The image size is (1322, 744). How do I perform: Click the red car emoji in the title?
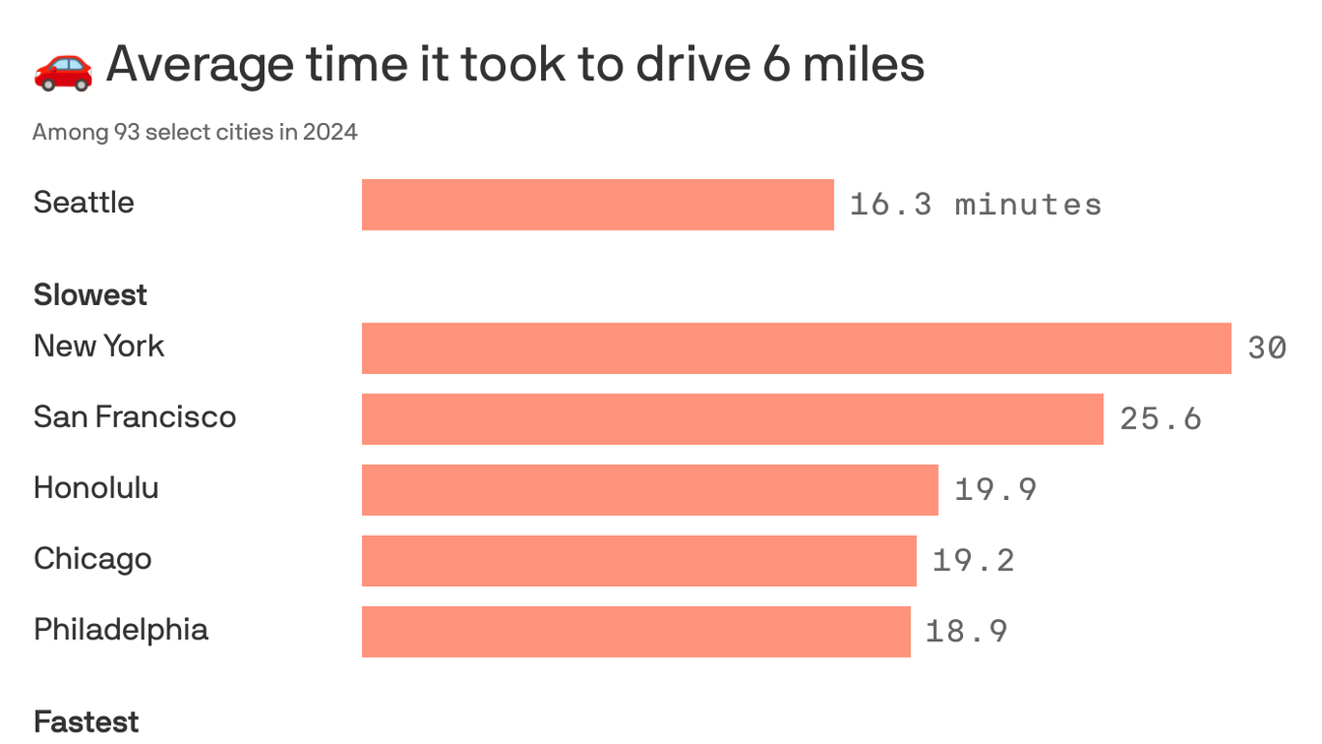tap(63, 68)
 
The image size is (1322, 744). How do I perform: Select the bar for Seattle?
tap(597, 204)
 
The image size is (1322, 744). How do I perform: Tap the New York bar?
tap(796, 348)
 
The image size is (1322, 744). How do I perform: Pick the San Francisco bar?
tap(732, 418)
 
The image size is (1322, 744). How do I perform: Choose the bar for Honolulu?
tap(649, 489)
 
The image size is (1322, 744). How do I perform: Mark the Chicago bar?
tap(639, 560)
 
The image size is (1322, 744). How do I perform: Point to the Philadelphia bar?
tap(636, 631)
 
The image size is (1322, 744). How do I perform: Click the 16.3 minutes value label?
tap(975, 204)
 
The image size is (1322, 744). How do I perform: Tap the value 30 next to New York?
tap(1267, 348)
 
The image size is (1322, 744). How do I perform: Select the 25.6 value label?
tap(1160, 418)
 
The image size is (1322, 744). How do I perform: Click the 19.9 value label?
tap(995, 489)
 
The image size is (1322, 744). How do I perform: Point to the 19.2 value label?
tap(973, 560)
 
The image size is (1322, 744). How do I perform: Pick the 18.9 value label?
tap(966, 631)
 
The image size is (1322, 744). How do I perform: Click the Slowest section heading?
tap(90, 294)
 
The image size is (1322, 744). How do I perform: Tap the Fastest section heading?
tap(86, 722)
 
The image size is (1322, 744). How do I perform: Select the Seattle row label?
tap(83, 202)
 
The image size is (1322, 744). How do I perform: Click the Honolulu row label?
tap(96, 487)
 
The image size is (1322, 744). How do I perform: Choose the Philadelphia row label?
tap(121, 630)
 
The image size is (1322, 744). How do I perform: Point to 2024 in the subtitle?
tap(330, 132)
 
